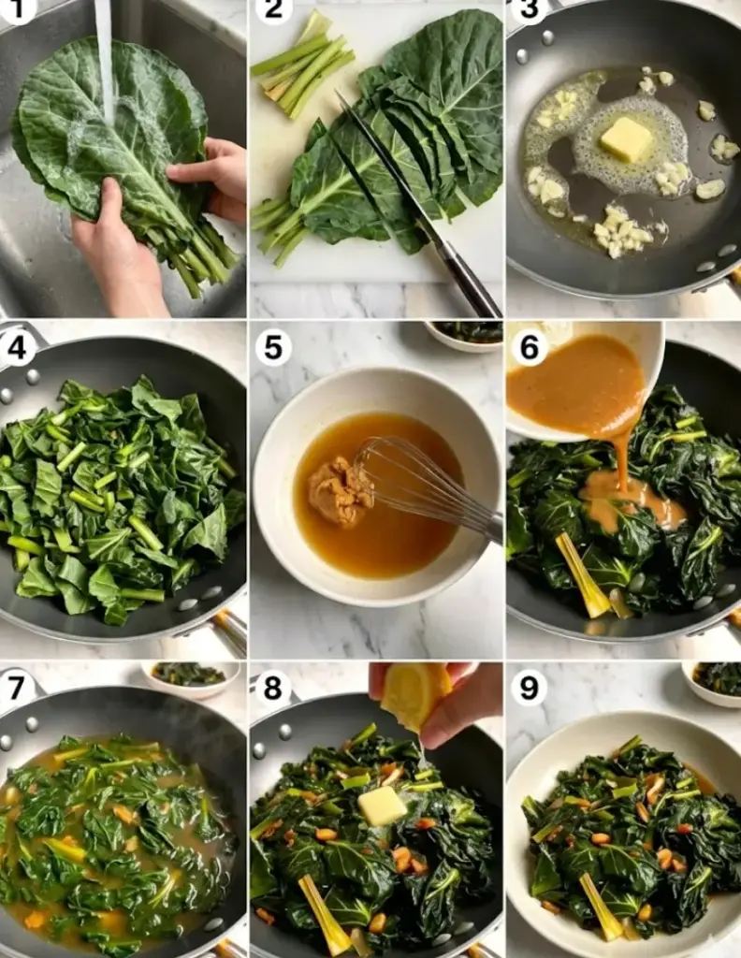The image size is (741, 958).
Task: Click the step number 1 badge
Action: (15, 9)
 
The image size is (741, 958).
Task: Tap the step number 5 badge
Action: (273, 348)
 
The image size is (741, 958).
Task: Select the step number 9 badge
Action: (529, 688)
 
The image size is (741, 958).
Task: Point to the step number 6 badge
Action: (529, 348)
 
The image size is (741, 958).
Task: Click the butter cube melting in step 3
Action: (626, 139)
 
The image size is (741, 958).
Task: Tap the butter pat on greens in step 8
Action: (383, 806)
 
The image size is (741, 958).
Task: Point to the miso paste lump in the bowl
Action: (341, 491)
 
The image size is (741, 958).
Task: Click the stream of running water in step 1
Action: (105, 61)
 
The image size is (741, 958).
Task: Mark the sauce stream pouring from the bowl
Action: (622, 463)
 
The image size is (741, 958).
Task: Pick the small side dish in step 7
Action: (190, 678)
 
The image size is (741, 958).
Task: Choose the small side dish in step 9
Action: (712, 683)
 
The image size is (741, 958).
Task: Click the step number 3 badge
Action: (529, 9)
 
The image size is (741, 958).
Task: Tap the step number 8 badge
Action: (273, 688)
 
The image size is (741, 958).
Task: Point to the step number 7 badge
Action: (17, 688)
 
